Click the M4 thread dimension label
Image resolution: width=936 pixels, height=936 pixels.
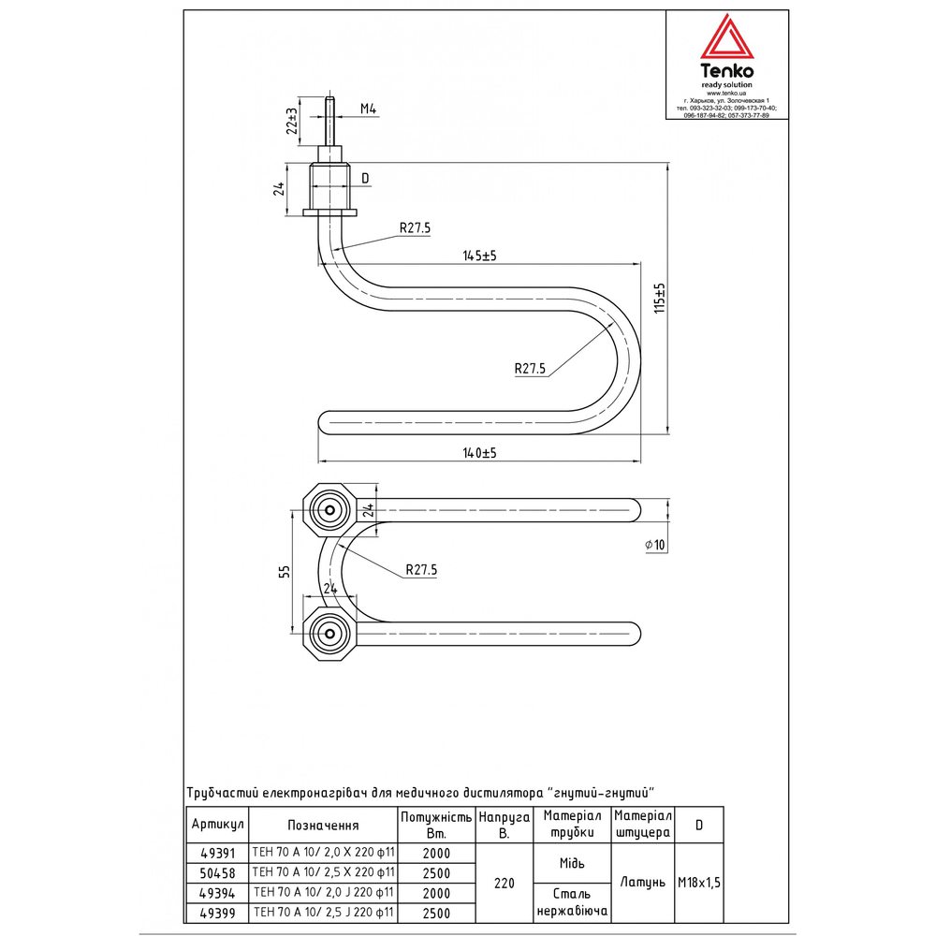coord(368,110)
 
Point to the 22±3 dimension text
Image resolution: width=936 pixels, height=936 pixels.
coord(292,121)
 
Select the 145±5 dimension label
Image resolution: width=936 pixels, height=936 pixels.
coord(479,256)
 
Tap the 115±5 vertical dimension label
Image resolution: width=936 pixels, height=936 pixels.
coord(659,298)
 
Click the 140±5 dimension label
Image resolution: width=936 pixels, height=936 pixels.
coord(479,453)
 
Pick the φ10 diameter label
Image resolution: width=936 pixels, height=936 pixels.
coord(655,545)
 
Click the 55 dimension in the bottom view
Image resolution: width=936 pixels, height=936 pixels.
coord(285,571)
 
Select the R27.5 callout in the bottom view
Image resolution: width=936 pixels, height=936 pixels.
coord(421,570)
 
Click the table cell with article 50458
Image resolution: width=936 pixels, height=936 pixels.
coord(217,873)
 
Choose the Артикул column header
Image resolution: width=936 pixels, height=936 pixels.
coord(217,825)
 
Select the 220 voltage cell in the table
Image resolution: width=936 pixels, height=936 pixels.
coord(505,883)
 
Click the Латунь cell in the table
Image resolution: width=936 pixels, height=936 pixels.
coord(642,883)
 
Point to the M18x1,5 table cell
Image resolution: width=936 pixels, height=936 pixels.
coord(699,883)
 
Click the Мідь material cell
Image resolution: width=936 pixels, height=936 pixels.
coord(572,863)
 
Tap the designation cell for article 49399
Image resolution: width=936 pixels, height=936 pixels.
coord(323,913)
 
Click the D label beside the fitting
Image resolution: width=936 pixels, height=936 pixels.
coord(365,179)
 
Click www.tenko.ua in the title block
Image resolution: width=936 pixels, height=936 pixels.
coord(726,93)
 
